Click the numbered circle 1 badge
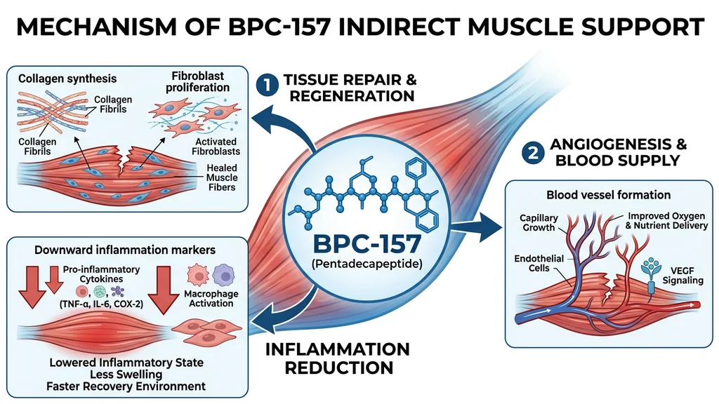click(x=266, y=86)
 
